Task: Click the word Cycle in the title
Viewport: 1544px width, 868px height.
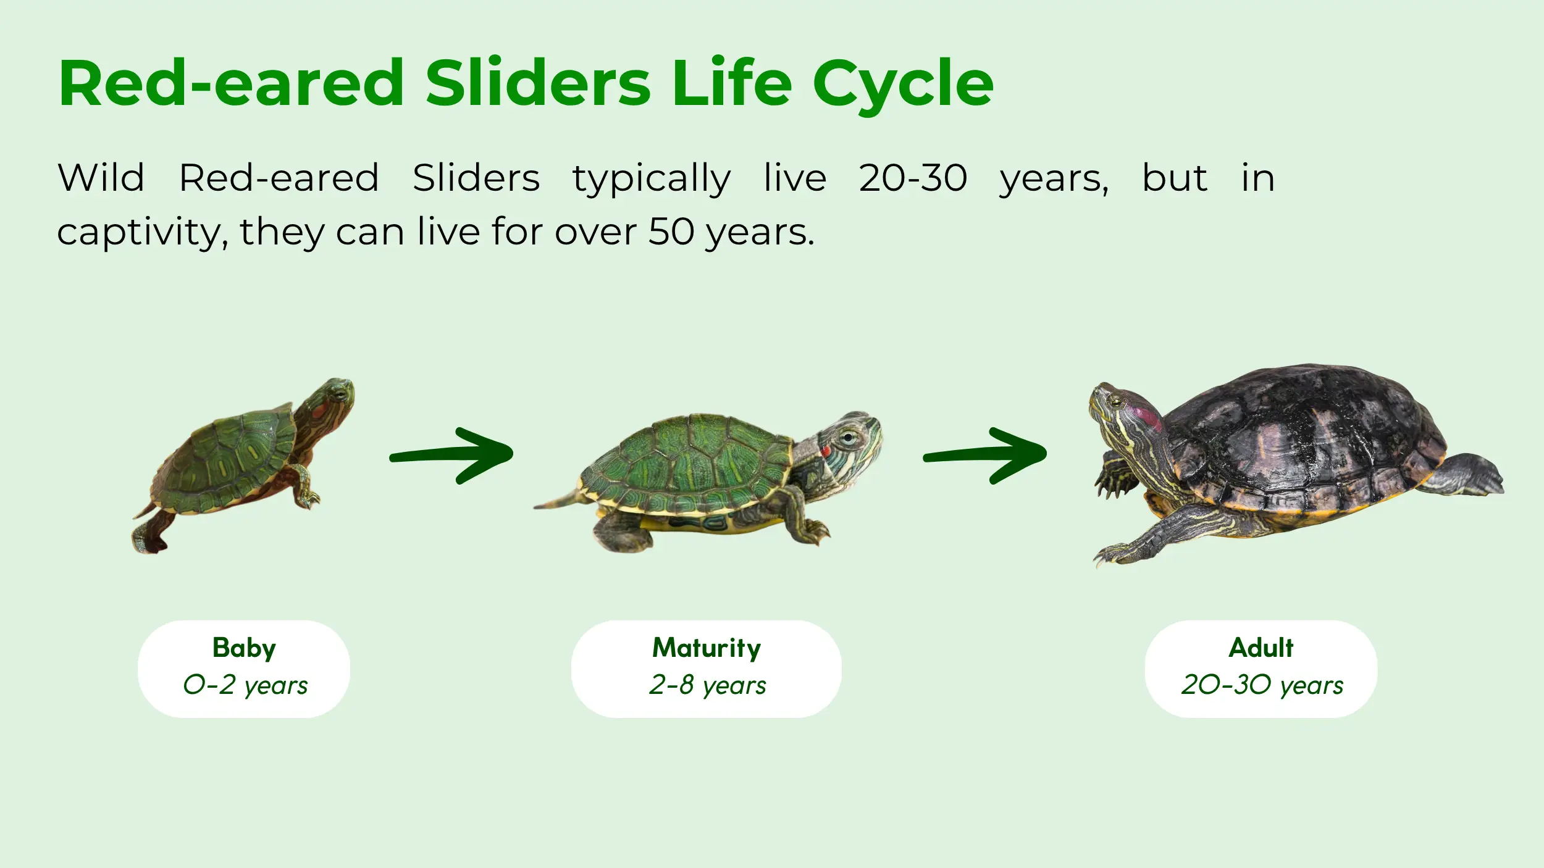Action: [x=903, y=85]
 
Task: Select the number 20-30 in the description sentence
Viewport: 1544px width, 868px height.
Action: [x=913, y=178]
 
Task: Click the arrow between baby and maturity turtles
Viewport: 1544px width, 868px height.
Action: [x=451, y=455]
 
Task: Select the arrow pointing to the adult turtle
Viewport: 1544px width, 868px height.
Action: [x=985, y=455]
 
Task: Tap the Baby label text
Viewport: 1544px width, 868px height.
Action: [x=244, y=648]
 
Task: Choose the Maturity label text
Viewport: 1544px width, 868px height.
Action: [x=707, y=648]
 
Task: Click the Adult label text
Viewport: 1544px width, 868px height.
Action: [x=1261, y=648]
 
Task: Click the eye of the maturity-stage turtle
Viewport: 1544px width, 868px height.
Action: [x=849, y=438]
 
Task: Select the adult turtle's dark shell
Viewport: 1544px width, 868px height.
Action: [x=1303, y=432]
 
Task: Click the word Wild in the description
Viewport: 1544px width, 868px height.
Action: [x=101, y=178]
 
